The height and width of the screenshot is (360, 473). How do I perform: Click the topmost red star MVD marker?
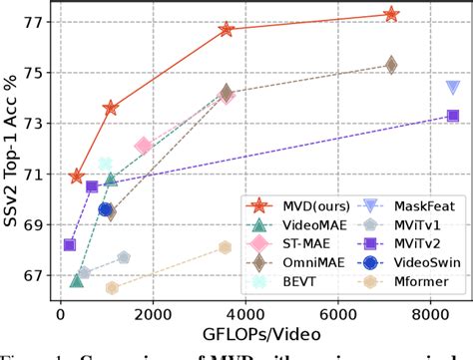click(x=391, y=14)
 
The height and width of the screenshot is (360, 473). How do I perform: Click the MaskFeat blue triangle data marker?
click(x=452, y=89)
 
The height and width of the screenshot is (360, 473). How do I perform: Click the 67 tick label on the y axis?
click(x=37, y=275)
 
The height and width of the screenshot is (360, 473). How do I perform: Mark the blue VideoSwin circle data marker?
click(x=106, y=209)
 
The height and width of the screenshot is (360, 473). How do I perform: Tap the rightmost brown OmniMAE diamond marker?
click(x=391, y=65)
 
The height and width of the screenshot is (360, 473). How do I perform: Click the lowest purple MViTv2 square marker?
click(x=70, y=244)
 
